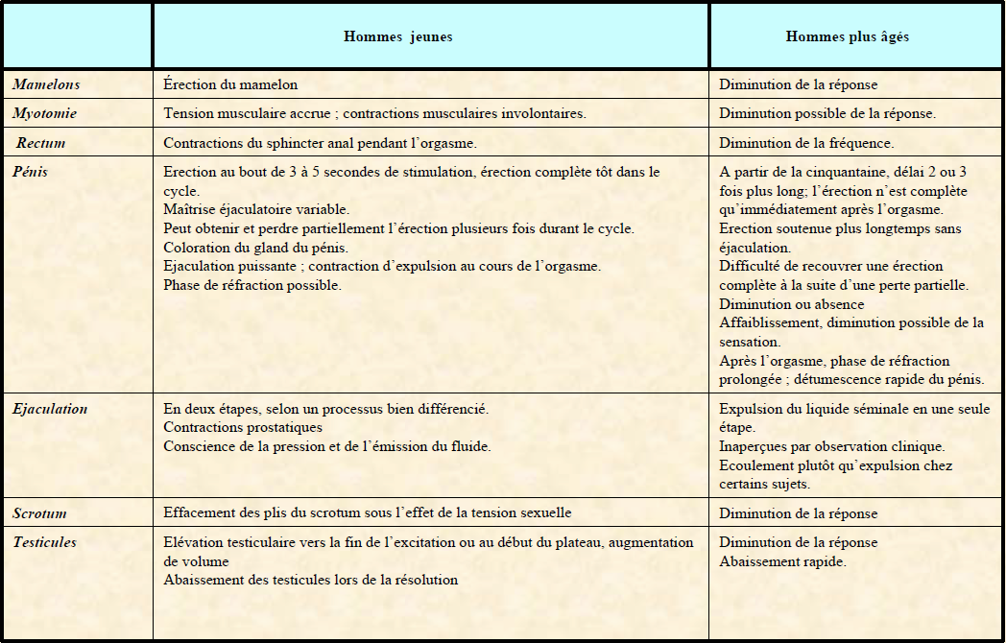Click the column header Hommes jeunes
[x=397, y=37]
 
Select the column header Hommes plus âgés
[x=847, y=37]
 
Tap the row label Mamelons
[x=46, y=84]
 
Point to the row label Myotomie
[x=45, y=113]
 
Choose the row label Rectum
[x=41, y=143]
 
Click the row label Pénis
[x=30, y=173]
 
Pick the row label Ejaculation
[x=50, y=409]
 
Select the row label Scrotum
[x=39, y=513]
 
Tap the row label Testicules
[x=44, y=542]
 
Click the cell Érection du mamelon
[x=230, y=84]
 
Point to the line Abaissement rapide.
[x=782, y=561]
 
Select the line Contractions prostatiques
[x=243, y=427]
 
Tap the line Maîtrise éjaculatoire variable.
[x=256, y=209]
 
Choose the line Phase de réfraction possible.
[x=252, y=284]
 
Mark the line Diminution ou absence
[x=792, y=304]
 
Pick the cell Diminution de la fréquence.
[x=806, y=143]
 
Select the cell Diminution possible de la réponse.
[x=827, y=113]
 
